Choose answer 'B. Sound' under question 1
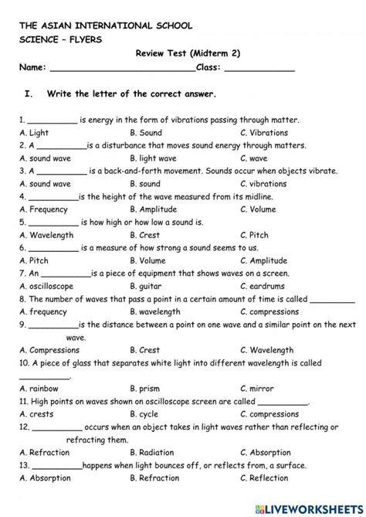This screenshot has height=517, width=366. tap(146, 133)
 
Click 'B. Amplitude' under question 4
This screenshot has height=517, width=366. tap(154, 209)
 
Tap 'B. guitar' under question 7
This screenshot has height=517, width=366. tap(147, 285)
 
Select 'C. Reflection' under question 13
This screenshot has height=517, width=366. tap(264, 478)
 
